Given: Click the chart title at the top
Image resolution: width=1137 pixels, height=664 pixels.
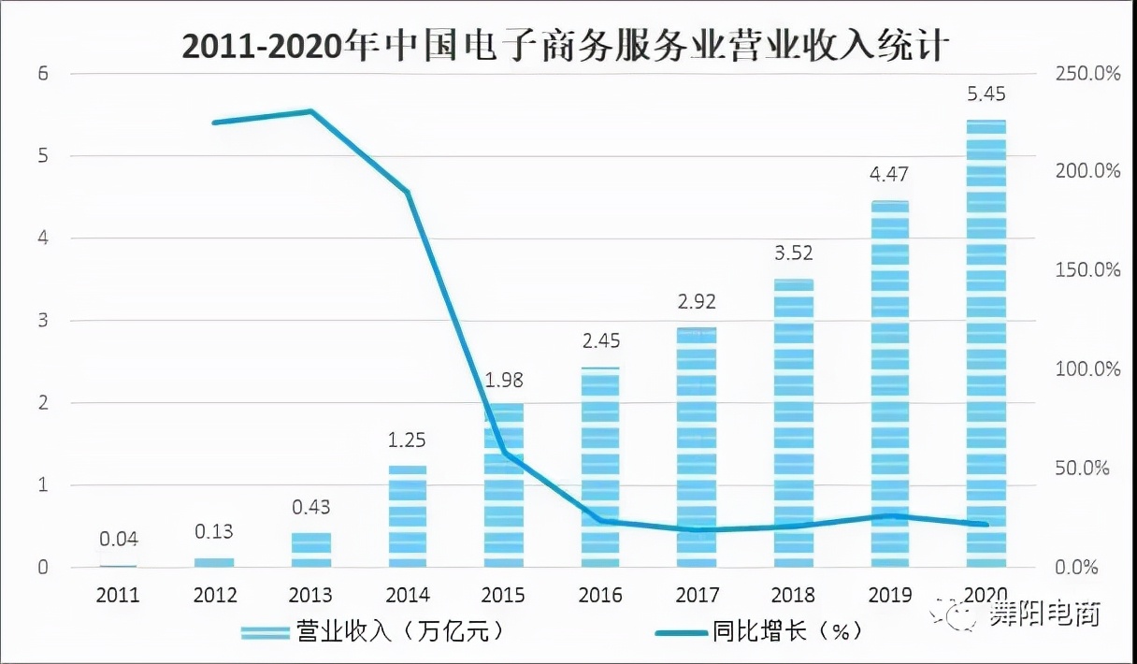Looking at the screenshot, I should pyautogui.click(x=568, y=44).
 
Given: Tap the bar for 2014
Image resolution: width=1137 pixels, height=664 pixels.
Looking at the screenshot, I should pyautogui.click(x=408, y=516).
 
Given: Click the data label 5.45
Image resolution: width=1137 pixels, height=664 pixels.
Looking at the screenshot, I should pyautogui.click(x=986, y=94).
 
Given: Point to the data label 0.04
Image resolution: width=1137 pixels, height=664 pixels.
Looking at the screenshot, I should pyautogui.click(x=119, y=539).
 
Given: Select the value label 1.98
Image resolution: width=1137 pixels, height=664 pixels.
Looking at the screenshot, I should pyautogui.click(x=504, y=380).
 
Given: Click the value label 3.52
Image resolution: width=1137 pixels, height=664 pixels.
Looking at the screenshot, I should pyautogui.click(x=793, y=253).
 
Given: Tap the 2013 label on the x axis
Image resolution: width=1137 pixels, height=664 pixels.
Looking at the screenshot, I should pyautogui.click(x=311, y=595).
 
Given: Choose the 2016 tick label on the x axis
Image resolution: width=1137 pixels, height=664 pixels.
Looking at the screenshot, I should pyautogui.click(x=600, y=595).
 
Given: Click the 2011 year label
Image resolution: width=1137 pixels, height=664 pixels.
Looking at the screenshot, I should pyautogui.click(x=119, y=595).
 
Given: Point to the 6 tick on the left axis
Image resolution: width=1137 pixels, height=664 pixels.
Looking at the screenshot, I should pyautogui.click(x=42, y=74).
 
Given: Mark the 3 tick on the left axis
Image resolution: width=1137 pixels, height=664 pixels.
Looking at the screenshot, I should pyautogui.click(x=42, y=321).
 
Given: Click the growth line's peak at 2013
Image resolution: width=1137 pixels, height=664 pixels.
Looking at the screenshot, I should pyautogui.click(x=311, y=111).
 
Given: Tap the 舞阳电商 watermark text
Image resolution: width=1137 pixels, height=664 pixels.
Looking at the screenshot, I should pyautogui.click(x=1044, y=614).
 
